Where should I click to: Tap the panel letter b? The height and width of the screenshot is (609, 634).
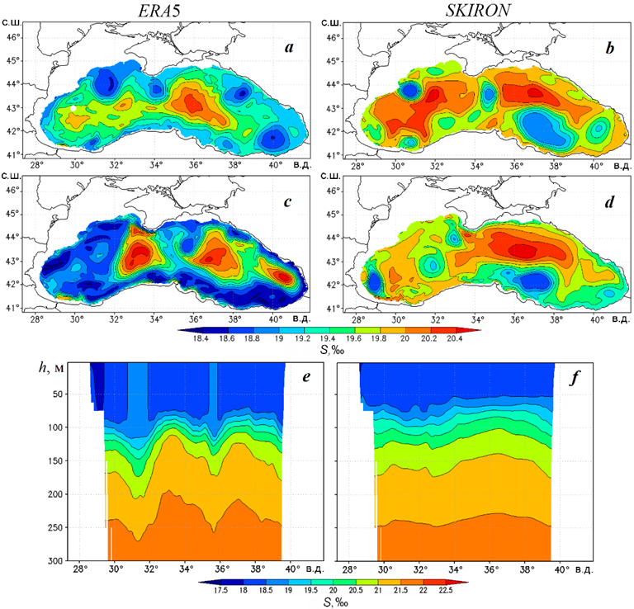[609, 49]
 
